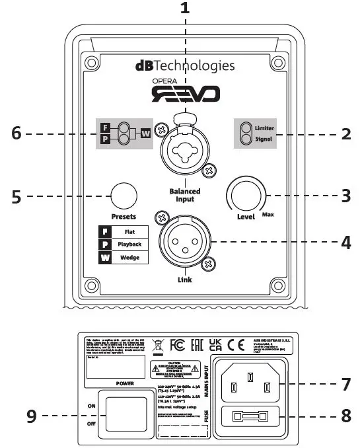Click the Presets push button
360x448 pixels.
coord(124,196)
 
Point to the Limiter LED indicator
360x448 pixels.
coord(246,128)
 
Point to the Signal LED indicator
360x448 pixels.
coord(246,138)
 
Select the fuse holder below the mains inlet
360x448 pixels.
coord(250,417)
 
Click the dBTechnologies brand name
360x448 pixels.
coord(184,65)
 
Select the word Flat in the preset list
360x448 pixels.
coord(129,232)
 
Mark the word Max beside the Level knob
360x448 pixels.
coord(268,215)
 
